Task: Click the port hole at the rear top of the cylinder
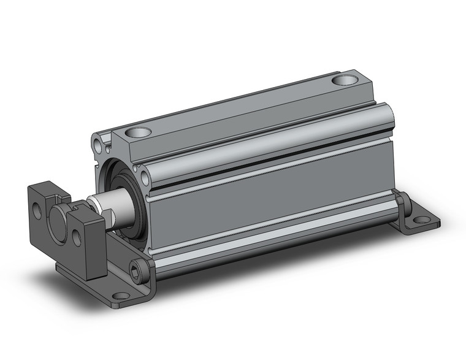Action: (x=345, y=80)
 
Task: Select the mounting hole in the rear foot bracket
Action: (x=421, y=219)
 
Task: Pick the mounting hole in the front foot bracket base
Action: (x=120, y=296)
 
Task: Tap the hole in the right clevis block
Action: (x=78, y=236)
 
